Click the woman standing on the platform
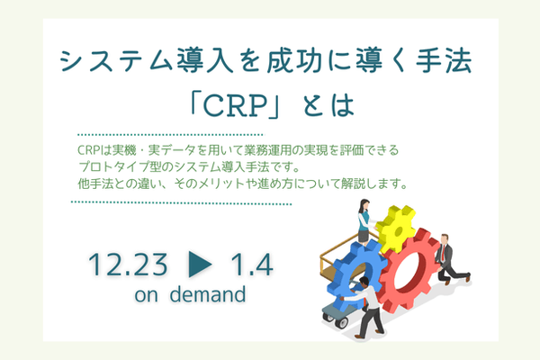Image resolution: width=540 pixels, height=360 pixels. (x=363, y=221)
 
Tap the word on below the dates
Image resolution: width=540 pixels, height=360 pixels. (x=145, y=295)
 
